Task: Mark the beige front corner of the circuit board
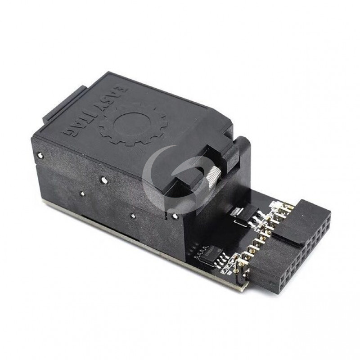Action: (x=239, y=284)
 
